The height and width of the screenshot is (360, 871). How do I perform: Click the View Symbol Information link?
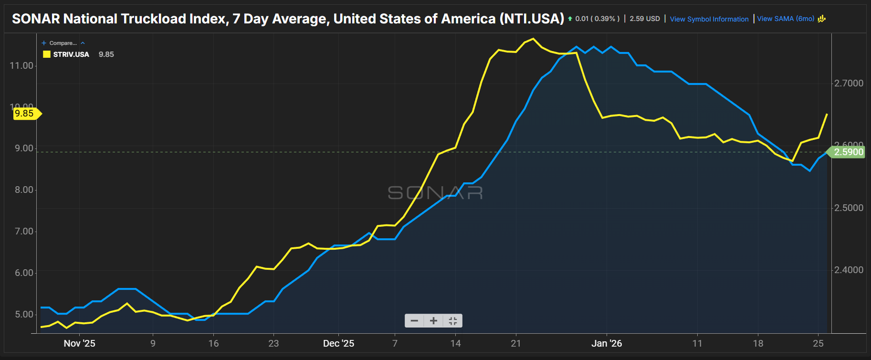(x=709, y=19)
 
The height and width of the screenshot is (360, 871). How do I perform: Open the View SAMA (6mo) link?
(x=786, y=19)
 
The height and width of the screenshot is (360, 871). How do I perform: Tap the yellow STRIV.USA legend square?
(x=47, y=54)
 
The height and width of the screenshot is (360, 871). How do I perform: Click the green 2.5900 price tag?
(x=848, y=152)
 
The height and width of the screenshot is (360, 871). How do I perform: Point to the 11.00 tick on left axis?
(x=21, y=65)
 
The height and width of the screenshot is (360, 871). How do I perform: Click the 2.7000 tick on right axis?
(x=849, y=83)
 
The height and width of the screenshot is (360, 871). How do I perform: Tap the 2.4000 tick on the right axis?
(x=849, y=270)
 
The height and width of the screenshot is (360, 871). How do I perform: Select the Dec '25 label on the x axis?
(x=338, y=343)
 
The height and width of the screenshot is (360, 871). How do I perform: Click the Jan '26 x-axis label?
(x=607, y=343)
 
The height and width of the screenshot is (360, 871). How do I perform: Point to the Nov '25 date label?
(x=79, y=343)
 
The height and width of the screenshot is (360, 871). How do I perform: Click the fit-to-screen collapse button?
(x=453, y=321)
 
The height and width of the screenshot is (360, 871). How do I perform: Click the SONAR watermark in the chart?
(x=435, y=193)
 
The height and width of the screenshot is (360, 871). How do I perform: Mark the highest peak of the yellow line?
(x=533, y=39)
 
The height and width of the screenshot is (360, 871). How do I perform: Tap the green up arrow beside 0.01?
(x=570, y=19)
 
